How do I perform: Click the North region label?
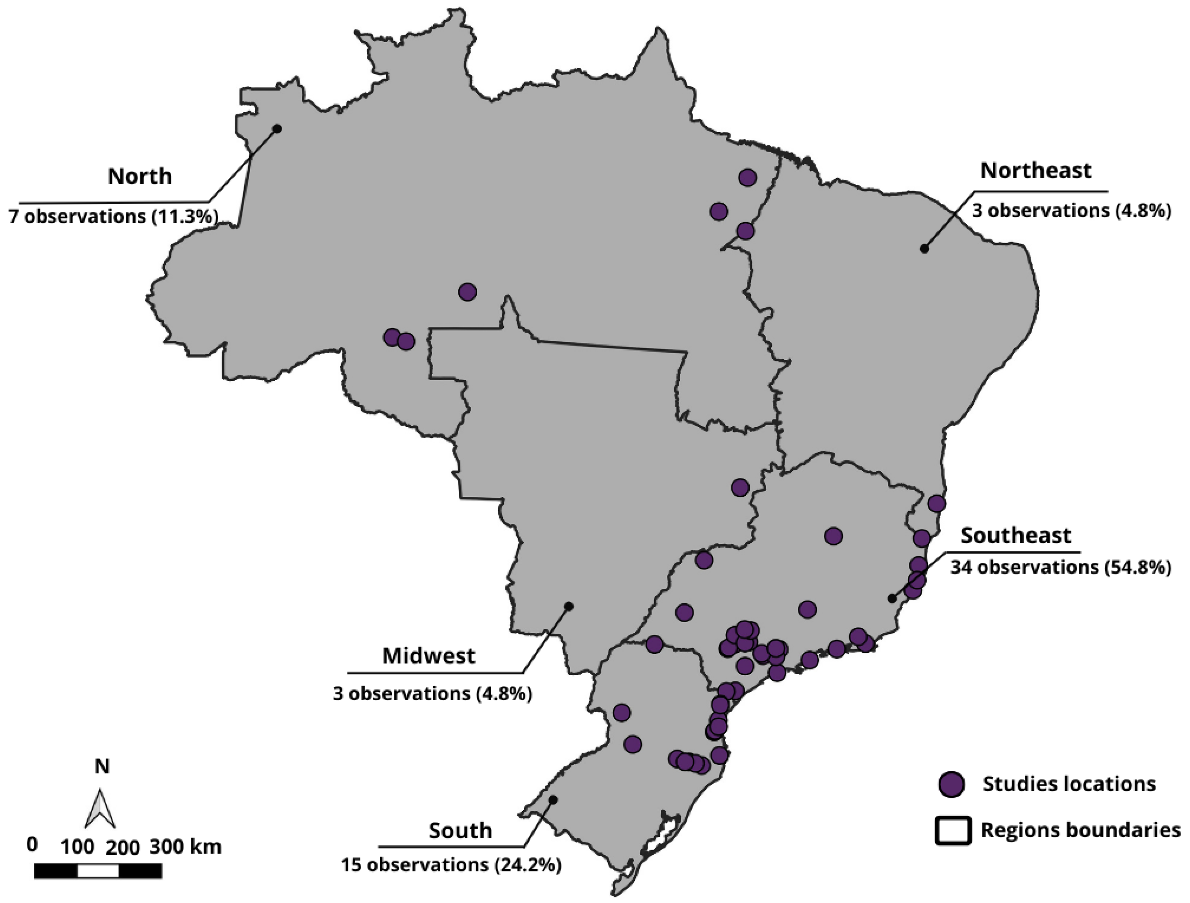pos(139,176)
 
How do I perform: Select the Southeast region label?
pos(1016,536)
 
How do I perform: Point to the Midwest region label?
pos(429,655)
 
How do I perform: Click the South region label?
pos(460,830)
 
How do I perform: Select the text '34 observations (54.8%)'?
pos(1060,567)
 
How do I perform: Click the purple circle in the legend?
pos(951,784)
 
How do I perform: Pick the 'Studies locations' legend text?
pos(1069,784)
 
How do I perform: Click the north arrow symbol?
pos(100,809)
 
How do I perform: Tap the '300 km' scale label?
pos(185,847)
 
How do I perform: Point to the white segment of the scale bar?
pos(98,871)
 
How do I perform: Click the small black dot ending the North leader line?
pos(277,129)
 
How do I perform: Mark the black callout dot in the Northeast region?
pos(924,249)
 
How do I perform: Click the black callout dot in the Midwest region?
pos(569,606)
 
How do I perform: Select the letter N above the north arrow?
pos(102,766)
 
